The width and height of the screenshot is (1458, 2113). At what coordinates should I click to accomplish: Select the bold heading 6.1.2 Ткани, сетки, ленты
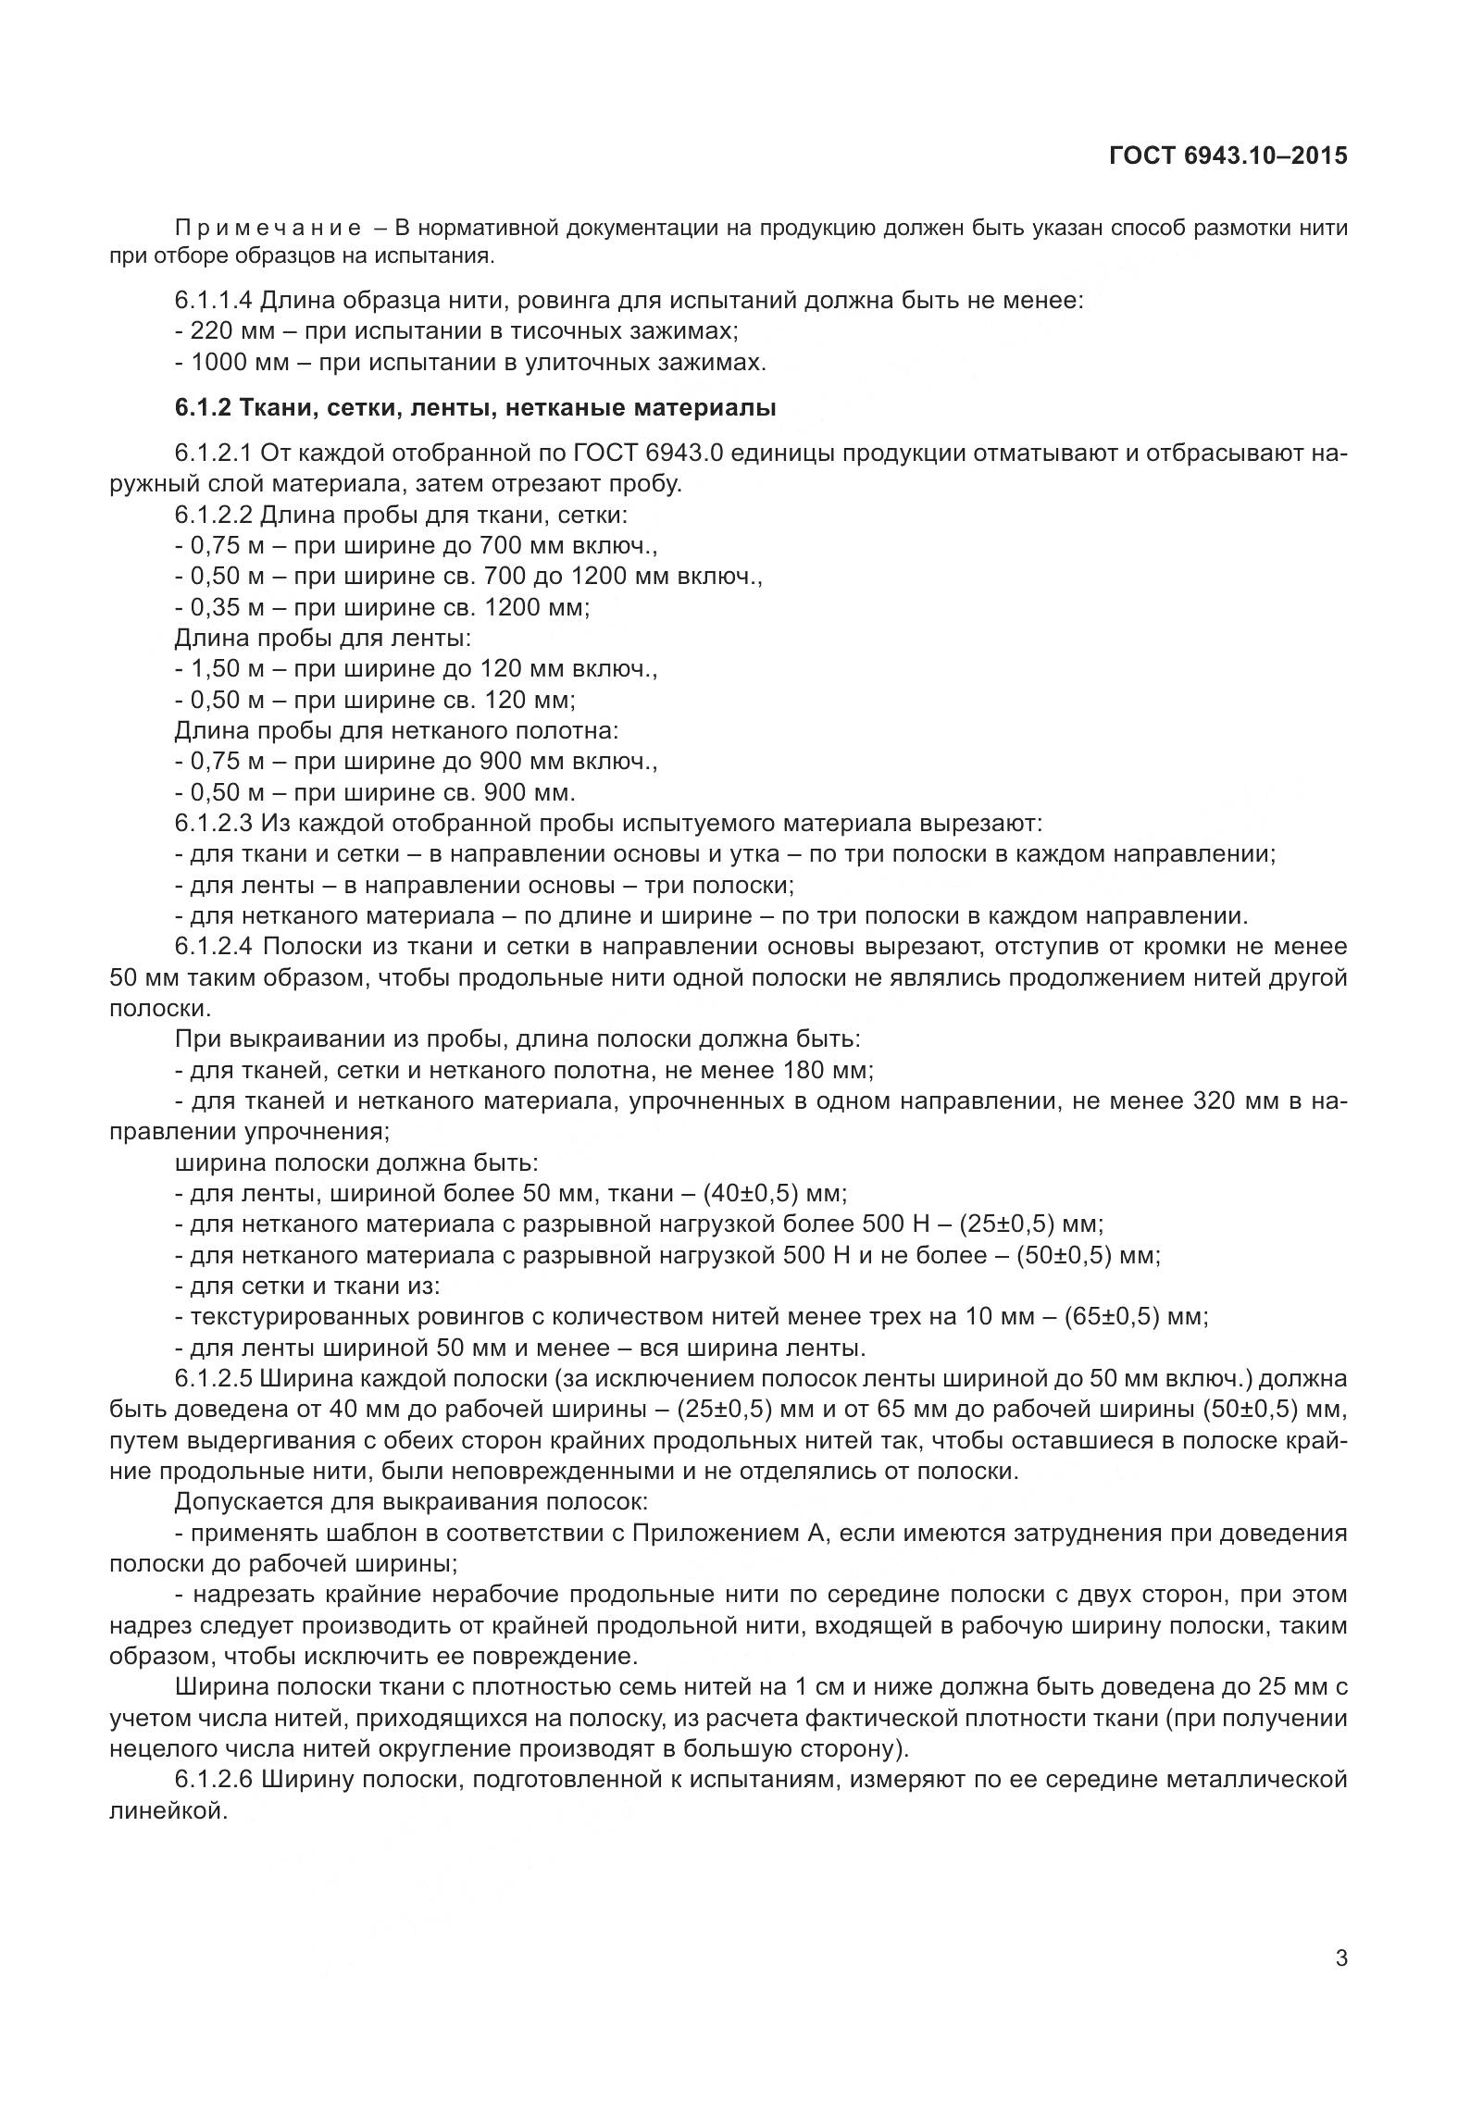coord(475,408)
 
